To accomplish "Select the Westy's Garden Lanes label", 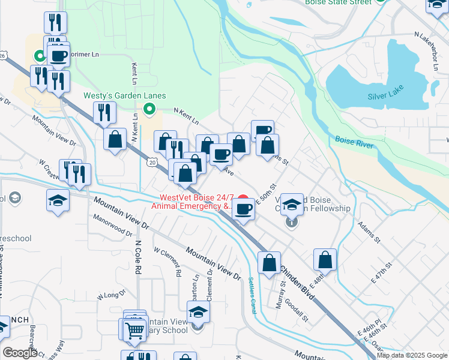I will pos(124,96).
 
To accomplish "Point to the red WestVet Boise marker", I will pos(243,200).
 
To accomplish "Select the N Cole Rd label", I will pos(137,257).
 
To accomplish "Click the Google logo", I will pos(20,353).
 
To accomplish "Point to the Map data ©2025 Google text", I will pos(412,355).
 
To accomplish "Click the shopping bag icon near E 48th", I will pos(325,260).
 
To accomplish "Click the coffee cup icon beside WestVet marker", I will pos(243,209).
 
